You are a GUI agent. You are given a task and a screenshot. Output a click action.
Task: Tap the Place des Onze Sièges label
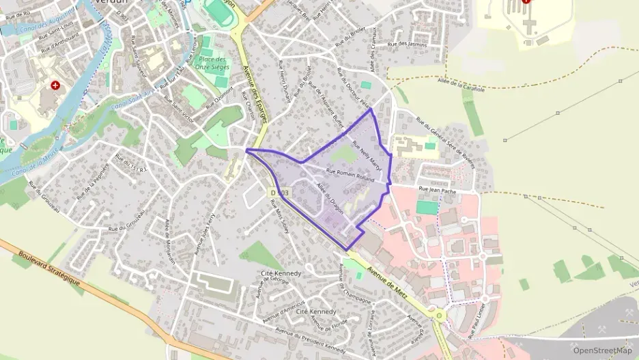coord(212,64)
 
